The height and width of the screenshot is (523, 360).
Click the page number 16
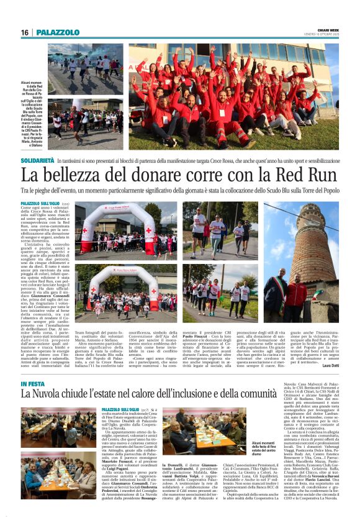24,32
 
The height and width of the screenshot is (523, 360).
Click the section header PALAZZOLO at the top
58,32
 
